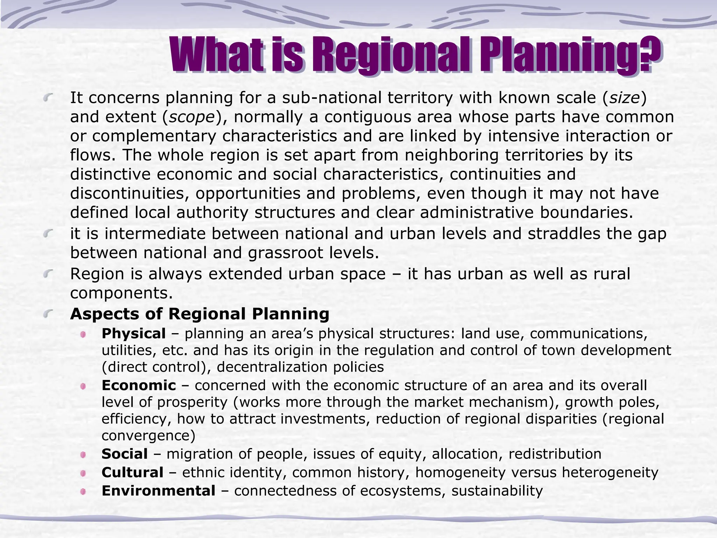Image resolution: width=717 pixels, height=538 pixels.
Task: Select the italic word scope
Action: point(191,117)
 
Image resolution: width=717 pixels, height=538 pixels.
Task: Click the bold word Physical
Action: point(133,333)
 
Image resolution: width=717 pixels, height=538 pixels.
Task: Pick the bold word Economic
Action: point(139,385)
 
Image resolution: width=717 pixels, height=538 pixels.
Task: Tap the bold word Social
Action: point(124,454)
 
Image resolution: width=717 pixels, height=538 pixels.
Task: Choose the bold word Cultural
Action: point(132,473)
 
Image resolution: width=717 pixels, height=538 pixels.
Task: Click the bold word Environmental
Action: point(158,491)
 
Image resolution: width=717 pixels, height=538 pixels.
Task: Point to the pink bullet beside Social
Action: point(83,455)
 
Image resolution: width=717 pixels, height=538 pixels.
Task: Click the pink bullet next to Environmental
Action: point(83,492)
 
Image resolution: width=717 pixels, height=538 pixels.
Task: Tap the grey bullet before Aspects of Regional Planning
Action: point(48,313)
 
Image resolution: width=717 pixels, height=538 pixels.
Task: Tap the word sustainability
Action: point(497,491)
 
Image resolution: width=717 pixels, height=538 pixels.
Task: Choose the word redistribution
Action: point(555,454)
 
